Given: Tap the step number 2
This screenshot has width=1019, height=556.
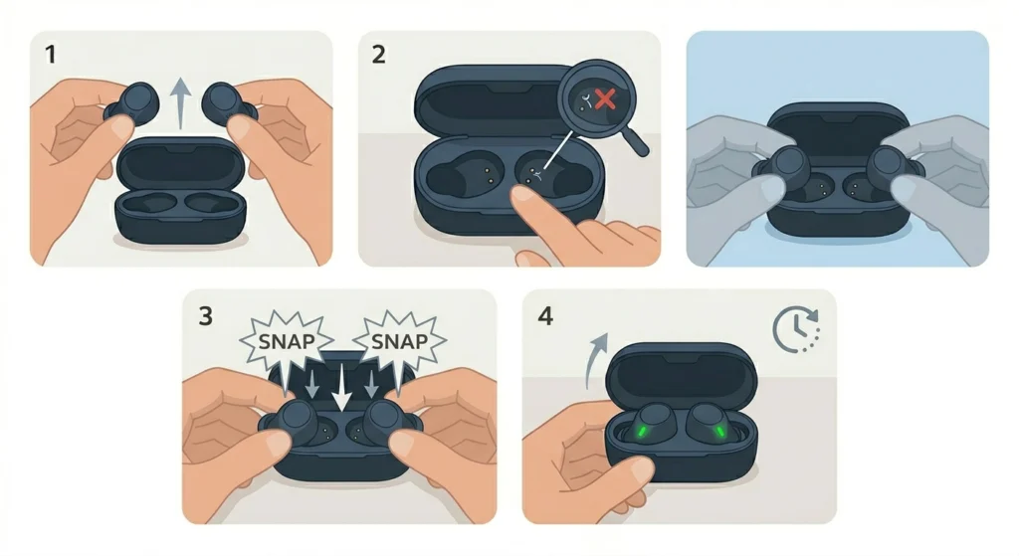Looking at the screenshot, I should tap(379, 56).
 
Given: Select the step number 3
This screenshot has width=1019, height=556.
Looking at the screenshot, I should tap(206, 316).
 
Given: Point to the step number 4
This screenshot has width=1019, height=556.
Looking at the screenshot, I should tap(546, 316).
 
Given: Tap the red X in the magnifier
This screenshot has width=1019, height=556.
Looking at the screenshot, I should tap(604, 99).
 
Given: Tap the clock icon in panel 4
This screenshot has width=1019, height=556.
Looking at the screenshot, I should tap(793, 328).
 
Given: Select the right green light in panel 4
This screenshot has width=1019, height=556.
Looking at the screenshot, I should tap(718, 432).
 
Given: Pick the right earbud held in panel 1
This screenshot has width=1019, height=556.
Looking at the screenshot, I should tap(227, 104).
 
